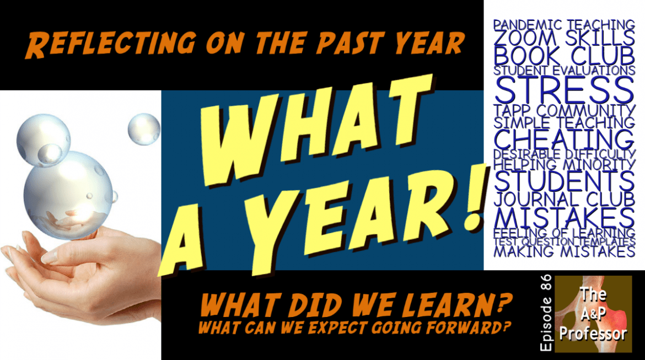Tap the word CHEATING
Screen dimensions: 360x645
coord(564,139)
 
